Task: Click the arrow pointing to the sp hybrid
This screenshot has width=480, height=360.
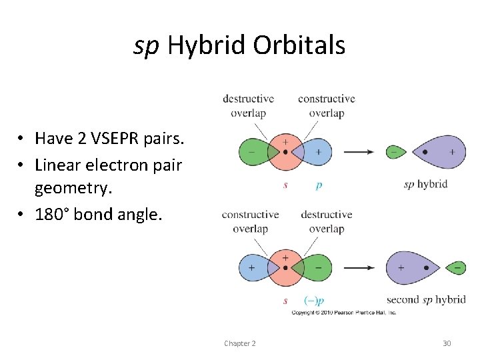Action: point(359,152)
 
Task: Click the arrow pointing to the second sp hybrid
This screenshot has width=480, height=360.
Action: point(359,268)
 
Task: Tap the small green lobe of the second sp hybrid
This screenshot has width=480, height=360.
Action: point(455,268)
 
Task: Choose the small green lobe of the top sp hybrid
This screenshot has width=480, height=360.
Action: point(395,152)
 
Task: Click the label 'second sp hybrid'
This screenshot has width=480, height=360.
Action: point(425,299)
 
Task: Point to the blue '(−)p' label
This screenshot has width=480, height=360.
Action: point(314,301)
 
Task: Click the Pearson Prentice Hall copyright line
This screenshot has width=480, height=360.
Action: point(343,312)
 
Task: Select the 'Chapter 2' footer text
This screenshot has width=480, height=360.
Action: point(239,343)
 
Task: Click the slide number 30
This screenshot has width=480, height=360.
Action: point(447,343)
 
